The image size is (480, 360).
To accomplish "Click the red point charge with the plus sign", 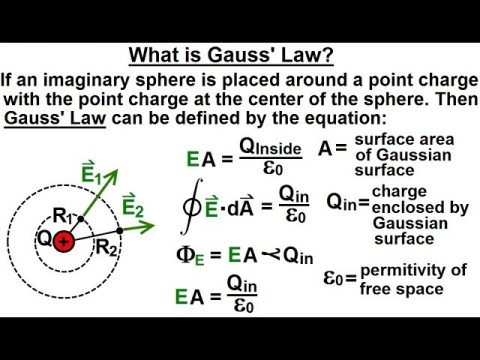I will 65,242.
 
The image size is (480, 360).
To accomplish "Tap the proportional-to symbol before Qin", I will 267,256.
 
